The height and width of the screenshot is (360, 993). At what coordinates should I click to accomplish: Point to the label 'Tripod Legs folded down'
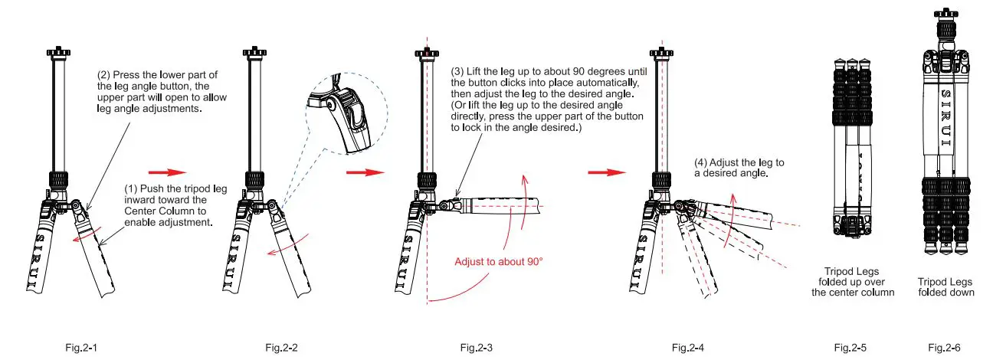click(x=945, y=286)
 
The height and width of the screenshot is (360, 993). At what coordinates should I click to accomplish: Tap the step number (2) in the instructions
click(x=104, y=75)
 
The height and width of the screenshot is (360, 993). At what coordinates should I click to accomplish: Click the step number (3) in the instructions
click(x=458, y=71)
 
